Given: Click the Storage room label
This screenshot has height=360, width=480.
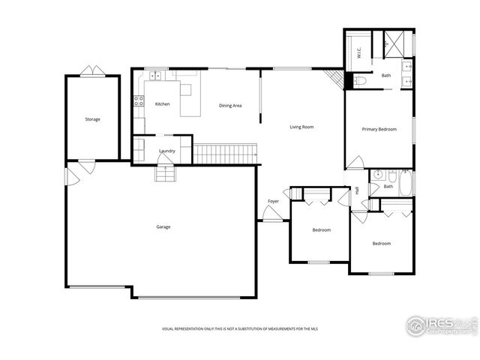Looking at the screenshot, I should (92, 119).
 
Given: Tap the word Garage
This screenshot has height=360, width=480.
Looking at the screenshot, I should (163, 226).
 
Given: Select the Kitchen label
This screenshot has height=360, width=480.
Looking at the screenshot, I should (163, 104).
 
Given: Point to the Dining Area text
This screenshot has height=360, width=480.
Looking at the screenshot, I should (230, 106).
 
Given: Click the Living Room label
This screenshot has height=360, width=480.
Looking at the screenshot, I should (301, 127).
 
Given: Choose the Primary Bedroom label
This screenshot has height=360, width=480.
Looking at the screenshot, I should (379, 130).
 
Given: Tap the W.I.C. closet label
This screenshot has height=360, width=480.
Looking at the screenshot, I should (359, 53).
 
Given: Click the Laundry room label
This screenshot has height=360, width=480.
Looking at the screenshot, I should (167, 151).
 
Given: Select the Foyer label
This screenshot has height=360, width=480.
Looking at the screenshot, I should (274, 201).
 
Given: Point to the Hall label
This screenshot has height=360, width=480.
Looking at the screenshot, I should (357, 190).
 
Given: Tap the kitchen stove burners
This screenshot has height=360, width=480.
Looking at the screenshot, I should (138, 101).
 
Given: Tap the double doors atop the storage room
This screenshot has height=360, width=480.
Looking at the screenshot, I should (93, 70).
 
